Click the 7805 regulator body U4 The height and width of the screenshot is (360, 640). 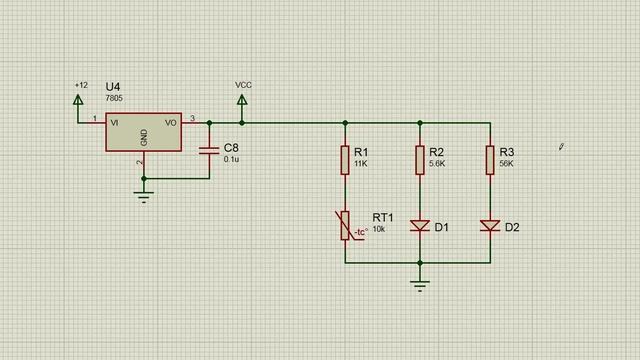click(x=144, y=132)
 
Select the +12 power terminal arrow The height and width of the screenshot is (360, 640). click(x=78, y=100)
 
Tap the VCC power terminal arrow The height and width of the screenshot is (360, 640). click(x=242, y=100)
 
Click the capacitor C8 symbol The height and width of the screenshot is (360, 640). click(x=209, y=151)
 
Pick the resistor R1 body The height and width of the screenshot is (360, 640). click(x=345, y=160)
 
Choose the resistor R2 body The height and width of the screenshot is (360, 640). click(x=420, y=160)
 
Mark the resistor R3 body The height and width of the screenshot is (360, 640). click(x=490, y=160)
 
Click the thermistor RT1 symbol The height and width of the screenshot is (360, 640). click(x=345, y=225)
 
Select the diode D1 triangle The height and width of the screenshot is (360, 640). click(x=420, y=226)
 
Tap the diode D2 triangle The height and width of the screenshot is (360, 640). click(x=490, y=226)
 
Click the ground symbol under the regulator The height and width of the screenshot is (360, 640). click(x=144, y=197)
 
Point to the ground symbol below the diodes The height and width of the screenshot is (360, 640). click(x=420, y=286)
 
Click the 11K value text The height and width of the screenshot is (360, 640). click(x=361, y=164)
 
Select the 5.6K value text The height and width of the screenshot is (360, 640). click(x=437, y=164)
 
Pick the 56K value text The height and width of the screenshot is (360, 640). click(x=507, y=164)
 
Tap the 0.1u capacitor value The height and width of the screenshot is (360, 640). click(x=231, y=159)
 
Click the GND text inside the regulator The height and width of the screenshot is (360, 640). click(x=144, y=138)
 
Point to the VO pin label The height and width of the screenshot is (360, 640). click(x=171, y=123)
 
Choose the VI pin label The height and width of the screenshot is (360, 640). click(x=114, y=123)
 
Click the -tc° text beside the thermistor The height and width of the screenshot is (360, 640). click(x=361, y=232)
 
